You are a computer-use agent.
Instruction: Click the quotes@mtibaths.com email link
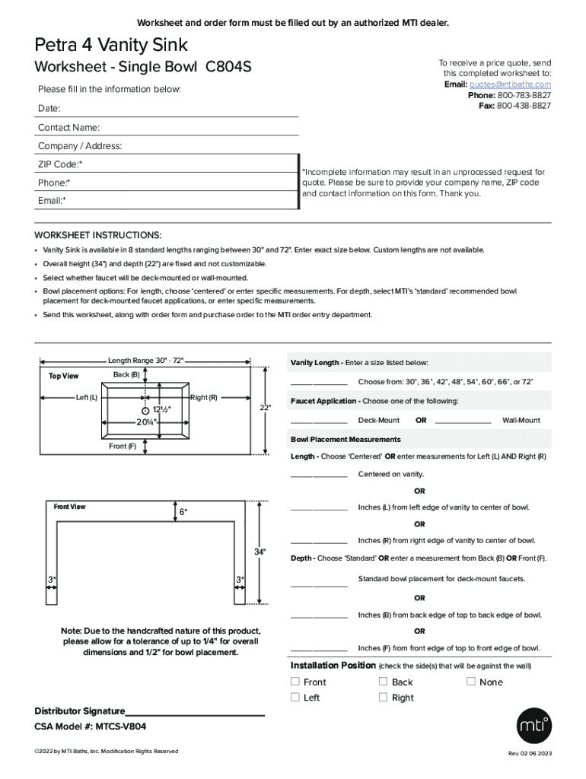pos(510,84)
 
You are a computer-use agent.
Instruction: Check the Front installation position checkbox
pos(295,682)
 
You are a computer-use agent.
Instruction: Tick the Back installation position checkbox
pos(384,682)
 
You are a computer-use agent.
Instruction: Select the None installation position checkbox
pos(471,682)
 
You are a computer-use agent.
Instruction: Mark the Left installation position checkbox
pos(295,697)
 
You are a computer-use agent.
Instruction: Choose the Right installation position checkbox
pos(384,697)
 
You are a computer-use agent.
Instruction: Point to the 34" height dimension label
pos(260,552)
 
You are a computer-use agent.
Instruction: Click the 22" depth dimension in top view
pos(265,408)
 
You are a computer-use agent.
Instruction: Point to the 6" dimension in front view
pos(183,512)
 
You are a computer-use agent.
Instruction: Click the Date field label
pos(49,109)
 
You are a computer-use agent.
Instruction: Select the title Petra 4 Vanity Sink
pos(111,46)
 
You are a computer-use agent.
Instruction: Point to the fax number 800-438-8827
pos(524,106)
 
